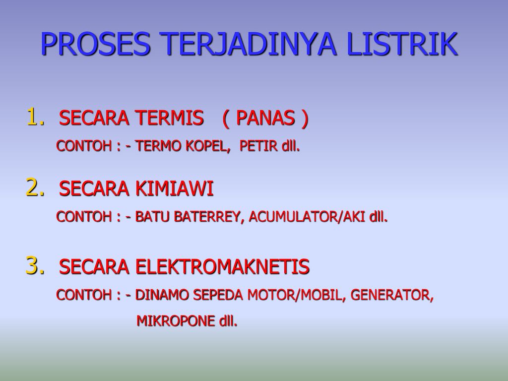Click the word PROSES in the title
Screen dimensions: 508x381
tap(95, 44)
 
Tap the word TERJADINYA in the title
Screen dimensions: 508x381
tap(248, 44)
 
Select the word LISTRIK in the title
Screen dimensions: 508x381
tap(402, 44)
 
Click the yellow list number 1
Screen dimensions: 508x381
tap(35, 117)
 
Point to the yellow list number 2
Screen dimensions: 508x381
tap(35, 187)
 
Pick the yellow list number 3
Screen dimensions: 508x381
tap(35, 265)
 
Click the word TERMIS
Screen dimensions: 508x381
tap(170, 118)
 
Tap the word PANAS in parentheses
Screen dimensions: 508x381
tap(265, 118)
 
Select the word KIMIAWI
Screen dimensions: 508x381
tap(174, 189)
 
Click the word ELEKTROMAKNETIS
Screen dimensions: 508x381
tap(222, 266)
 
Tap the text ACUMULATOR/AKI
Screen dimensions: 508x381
tap(307, 217)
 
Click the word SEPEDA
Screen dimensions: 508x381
tap(218, 295)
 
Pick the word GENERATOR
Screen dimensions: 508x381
tap(390, 295)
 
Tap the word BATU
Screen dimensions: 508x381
tap(152, 217)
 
